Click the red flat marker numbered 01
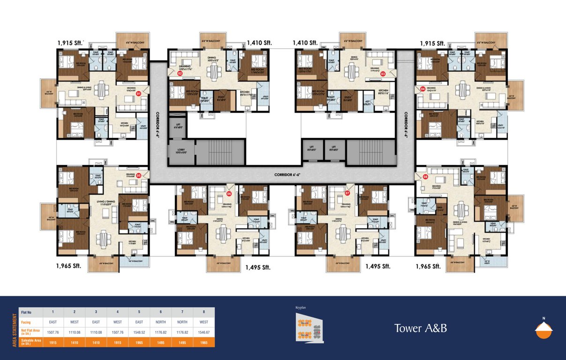point(138,94)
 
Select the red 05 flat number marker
point(139,176)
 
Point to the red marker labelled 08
point(425,177)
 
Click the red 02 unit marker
point(180,73)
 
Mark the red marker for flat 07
point(347,193)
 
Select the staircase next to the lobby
point(220,152)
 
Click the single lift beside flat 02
point(177,126)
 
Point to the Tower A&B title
point(420,328)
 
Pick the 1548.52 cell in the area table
point(140,332)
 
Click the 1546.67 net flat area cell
point(204,332)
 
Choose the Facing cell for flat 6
point(161,322)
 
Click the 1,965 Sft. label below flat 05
point(68,266)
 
